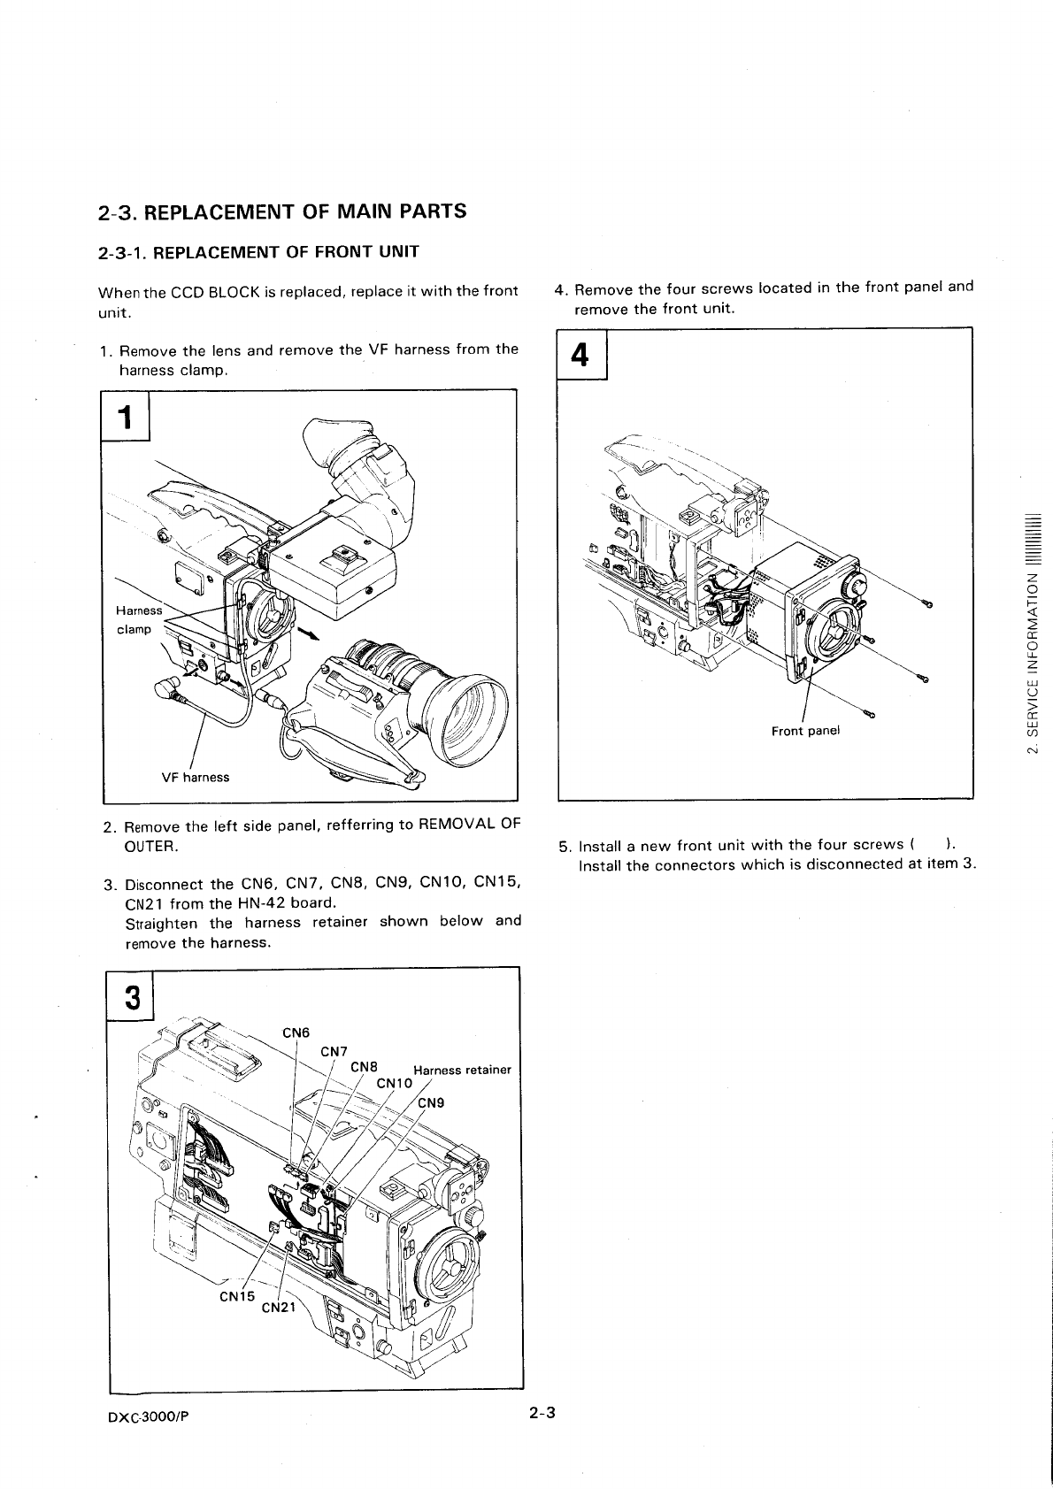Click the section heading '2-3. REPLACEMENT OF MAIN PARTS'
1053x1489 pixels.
point(281,212)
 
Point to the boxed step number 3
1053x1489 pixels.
point(131,998)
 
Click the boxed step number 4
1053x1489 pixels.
point(580,355)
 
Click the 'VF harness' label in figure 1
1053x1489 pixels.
point(195,778)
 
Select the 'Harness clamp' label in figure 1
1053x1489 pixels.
point(138,620)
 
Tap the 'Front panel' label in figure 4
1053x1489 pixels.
point(804,731)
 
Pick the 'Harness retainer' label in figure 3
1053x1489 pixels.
point(462,1070)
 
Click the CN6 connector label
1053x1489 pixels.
point(296,1032)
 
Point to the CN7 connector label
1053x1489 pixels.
point(334,1051)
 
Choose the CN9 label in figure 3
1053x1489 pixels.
point(431,1102)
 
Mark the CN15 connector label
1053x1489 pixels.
point(236,1297)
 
